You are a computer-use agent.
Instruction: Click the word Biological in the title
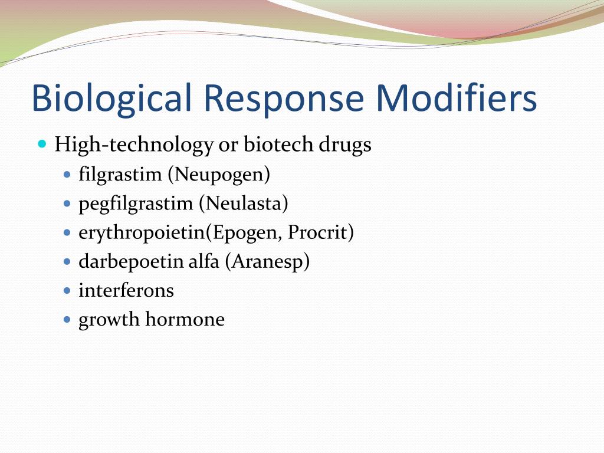coord(111,98)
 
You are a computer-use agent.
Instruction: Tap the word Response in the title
coord(283,99)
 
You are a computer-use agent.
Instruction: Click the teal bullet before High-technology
coord(42,144)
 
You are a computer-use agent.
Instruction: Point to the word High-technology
coord(134,145)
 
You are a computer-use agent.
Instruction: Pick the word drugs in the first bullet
coord(345,145)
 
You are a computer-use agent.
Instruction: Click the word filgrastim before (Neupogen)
coord(120,174)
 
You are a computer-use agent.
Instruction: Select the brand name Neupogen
coord(219,175)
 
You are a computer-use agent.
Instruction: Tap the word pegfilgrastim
coord(136,203)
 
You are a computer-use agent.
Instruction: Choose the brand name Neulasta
coord(244,203)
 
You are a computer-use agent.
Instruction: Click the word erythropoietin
coord(142,232)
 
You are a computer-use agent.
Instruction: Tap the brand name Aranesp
coord(267,262)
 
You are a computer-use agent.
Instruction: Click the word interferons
coord(126,290)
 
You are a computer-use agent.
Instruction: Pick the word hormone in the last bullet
coord(185,319)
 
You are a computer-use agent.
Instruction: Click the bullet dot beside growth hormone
coord(67,319)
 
